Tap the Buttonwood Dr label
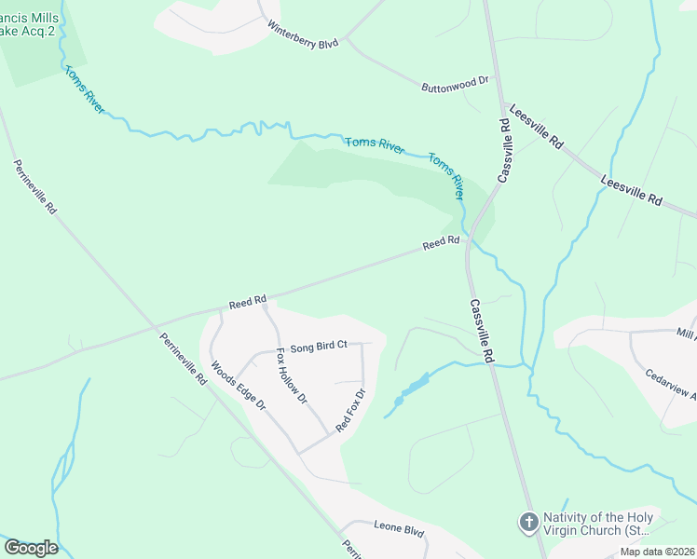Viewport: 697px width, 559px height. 455,82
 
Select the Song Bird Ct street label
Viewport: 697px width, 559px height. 319,346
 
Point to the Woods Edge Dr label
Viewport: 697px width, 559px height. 238,387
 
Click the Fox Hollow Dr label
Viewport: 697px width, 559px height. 292,376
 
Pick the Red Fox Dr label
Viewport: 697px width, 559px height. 348,410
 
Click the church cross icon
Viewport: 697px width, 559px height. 528,522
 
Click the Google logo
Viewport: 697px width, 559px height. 31,548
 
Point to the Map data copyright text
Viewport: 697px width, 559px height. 657,552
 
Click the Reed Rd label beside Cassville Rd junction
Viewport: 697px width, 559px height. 442,243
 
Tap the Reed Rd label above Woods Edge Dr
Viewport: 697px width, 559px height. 248,302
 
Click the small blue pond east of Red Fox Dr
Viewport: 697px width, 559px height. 411,389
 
